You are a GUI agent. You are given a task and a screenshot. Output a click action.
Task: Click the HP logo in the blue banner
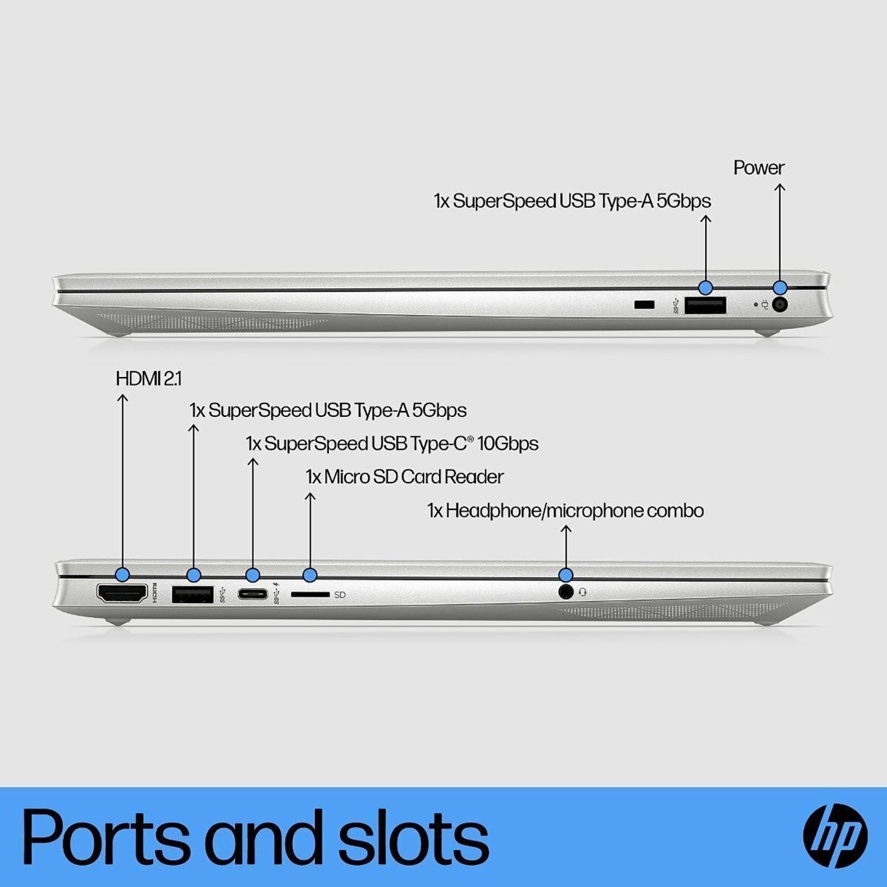[835, 836]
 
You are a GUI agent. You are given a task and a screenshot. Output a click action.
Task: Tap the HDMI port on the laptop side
[123, 593]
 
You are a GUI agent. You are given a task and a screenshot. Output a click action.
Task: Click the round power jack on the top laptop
[780, 304]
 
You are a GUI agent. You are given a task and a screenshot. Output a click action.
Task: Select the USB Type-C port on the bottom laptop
[253, 594]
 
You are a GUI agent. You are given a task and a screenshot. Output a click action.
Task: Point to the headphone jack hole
[565, 592]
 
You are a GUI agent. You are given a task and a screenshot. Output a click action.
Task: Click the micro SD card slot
[310, 594]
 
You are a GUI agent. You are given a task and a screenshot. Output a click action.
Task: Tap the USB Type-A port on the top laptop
[705, 305]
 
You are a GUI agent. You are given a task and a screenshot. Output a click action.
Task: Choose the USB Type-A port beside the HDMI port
[193, 594]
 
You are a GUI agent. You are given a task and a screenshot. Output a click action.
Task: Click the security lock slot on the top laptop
[644, 304]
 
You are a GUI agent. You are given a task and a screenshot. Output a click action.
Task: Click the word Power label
[758, 167]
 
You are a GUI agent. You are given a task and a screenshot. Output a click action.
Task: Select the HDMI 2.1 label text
[148, 379]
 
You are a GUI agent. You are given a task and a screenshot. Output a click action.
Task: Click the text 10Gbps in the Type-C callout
[508, 443]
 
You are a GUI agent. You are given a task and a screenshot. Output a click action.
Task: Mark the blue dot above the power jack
[780, 288]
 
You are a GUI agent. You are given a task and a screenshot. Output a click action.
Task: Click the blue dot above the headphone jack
[565, 574]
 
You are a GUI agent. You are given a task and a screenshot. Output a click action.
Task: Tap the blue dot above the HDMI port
[123, 574]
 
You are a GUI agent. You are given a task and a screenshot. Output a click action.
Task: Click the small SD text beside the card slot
[340, 595]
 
